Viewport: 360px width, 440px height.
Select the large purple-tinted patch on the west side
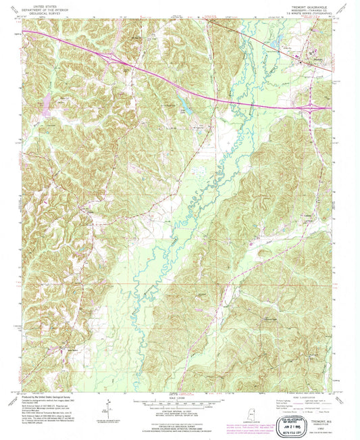click(47, 103)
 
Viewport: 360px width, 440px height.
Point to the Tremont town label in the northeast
click(311, 49)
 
